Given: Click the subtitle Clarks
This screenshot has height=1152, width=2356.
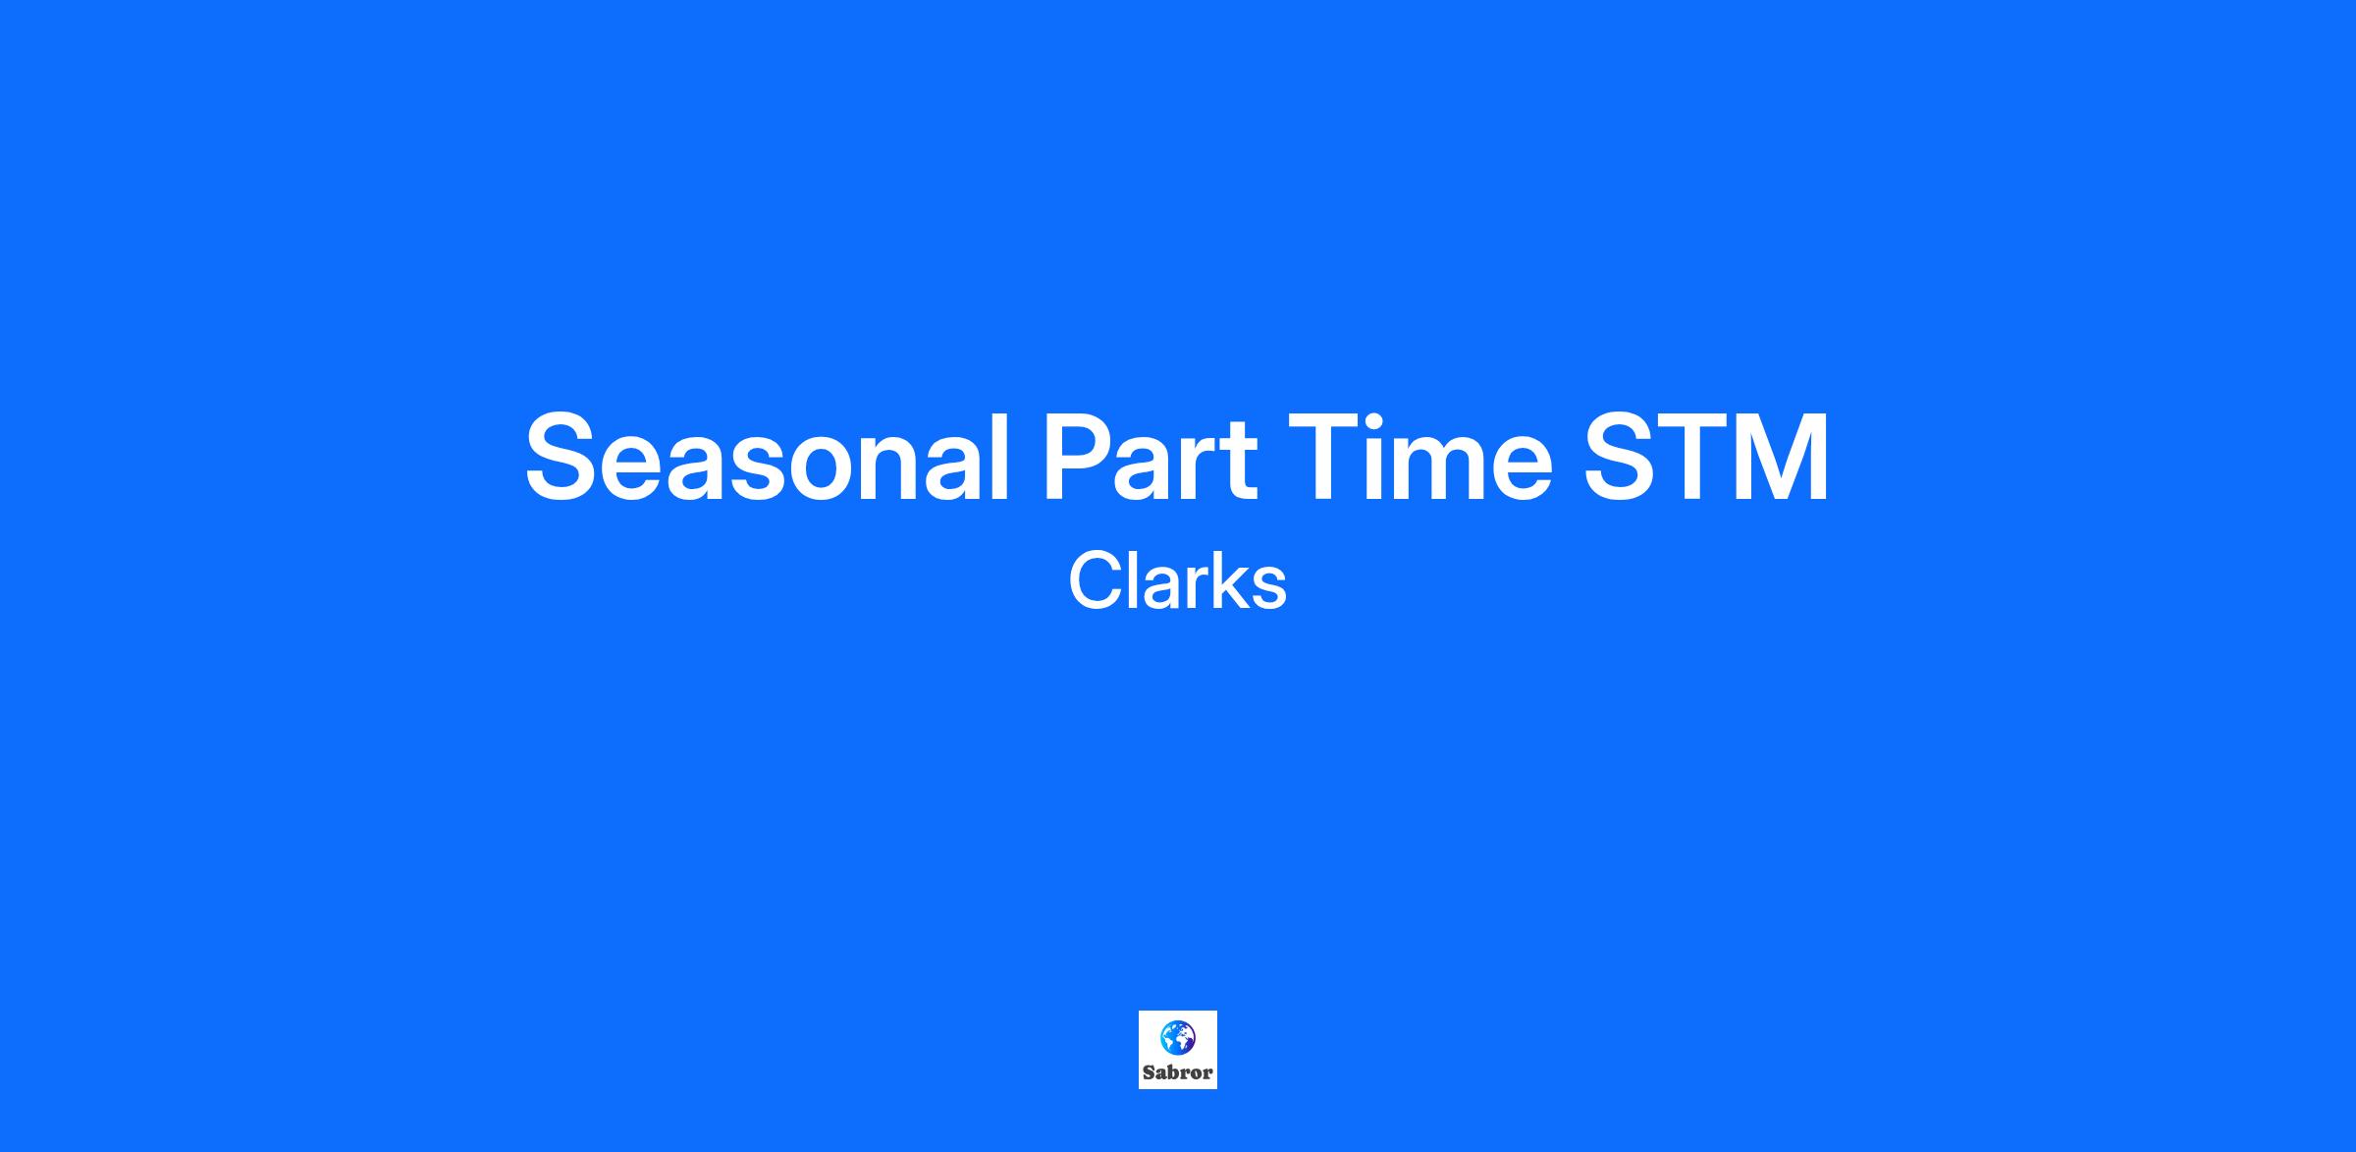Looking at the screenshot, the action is click(1177, 580).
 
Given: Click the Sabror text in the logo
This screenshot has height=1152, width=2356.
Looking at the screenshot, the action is click(1178, 1072).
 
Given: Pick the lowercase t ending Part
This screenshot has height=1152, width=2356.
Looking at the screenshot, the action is click(1240, 462).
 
